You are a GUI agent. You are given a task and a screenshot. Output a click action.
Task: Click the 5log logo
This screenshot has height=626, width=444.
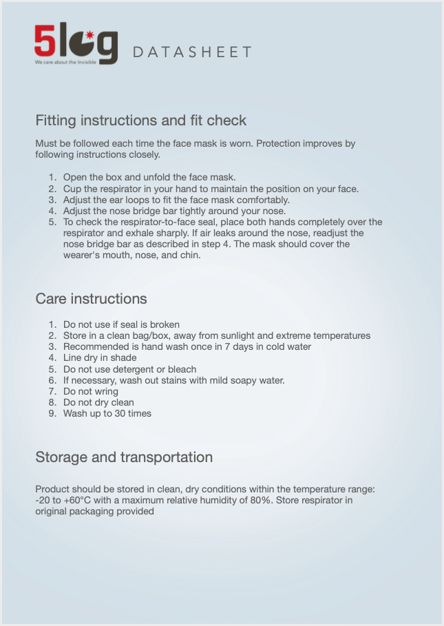(x=76, y=43)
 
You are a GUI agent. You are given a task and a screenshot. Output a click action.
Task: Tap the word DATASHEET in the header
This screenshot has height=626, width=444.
(x=191, y=52)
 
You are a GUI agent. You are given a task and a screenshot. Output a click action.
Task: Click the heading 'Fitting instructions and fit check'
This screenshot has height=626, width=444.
(x=140, y=121)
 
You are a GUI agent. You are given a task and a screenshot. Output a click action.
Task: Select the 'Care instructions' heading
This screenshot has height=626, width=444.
(x=91, y=299)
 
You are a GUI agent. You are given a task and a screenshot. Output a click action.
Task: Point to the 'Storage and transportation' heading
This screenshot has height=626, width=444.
(x=124, y=457)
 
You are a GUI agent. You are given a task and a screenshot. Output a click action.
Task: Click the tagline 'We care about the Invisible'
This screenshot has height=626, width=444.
(x=65, y=62)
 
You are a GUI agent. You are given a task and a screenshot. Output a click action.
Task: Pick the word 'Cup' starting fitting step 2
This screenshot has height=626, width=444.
(x=72, y=189)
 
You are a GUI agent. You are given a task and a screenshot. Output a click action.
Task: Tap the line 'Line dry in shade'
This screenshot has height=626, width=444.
(x=100, y=358)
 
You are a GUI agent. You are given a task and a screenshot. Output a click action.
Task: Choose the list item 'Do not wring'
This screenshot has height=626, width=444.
(x=90, y=391)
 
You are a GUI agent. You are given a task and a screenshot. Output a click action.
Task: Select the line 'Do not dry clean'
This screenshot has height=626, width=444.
(x=98, y=402)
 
